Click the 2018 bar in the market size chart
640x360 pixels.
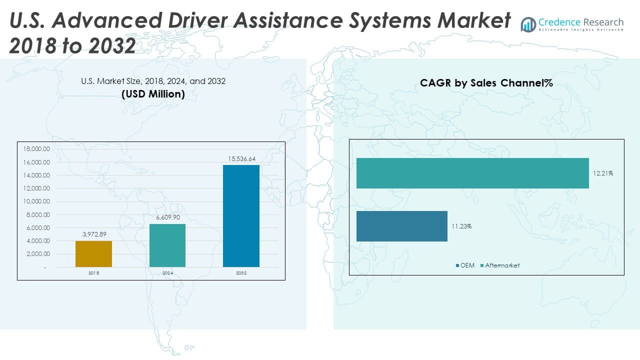coord(93,254)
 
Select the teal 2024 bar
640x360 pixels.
coord(167,245)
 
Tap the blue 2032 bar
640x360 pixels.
coord(241,216)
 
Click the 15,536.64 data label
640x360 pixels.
coord(241,159)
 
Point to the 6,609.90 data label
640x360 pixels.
coord(167,218)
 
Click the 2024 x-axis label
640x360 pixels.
coord(167,273)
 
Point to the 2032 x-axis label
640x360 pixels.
coord(241,273)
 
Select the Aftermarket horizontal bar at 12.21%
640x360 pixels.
coord(472,173)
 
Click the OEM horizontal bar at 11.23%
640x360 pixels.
coord(401,226)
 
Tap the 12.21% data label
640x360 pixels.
coord(603,173)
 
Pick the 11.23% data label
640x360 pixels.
coord(461,226)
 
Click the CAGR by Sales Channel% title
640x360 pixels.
coord(486,83)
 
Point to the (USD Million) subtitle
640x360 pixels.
coord(153,94)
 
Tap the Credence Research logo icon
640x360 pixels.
coord(528,24)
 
